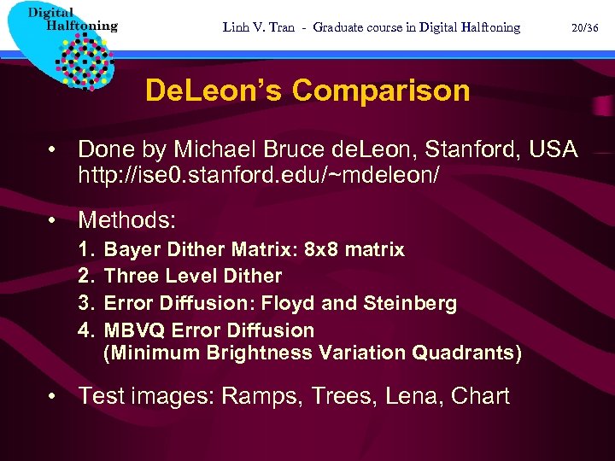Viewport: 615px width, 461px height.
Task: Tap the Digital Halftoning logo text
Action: click(73, 20)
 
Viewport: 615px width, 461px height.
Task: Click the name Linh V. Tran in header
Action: click(257, 27)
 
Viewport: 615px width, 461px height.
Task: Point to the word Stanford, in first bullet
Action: click(471, 149)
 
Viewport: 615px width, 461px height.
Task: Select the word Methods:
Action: click(126, 220)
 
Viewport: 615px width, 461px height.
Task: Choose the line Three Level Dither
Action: click(192, 276)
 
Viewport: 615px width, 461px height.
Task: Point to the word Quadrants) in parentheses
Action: click(467, 353)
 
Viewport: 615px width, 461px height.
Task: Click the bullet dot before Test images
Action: click(53, 396)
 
